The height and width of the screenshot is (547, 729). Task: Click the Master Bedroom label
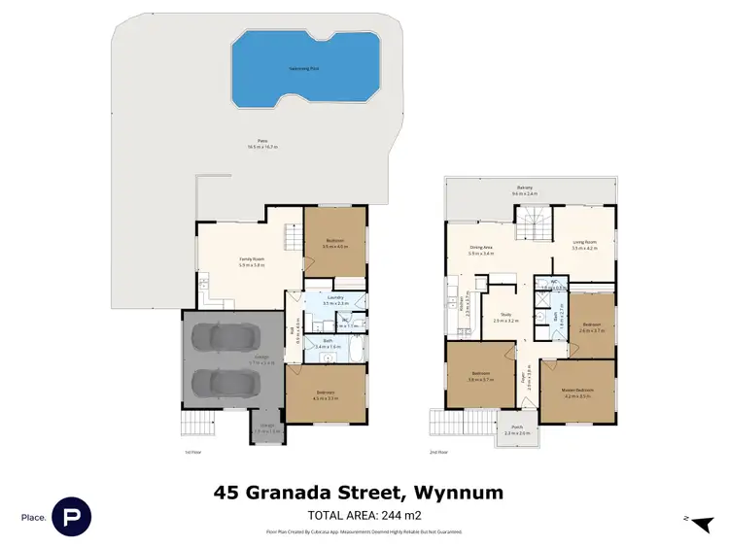pyautogui.click(x=577, y=391)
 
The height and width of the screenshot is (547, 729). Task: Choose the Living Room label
pyautogui.click(x=583, y=245)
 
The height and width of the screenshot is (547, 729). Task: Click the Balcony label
pyautogui.click(x=525, y=188)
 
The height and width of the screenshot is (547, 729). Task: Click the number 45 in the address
pyautogui.click(x=227, y=493)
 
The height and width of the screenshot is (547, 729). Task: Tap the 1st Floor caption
pyautogui.click(x=192, y=452)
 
